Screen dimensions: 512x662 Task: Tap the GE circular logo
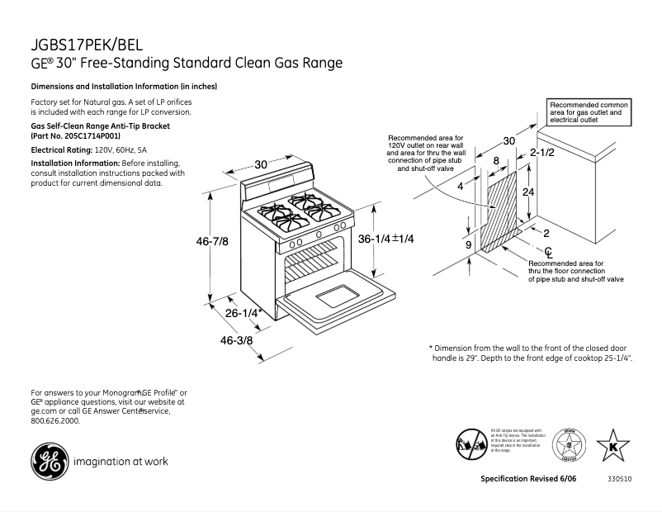tap(49, 462)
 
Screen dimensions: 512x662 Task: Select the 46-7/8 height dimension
tap(212, 240)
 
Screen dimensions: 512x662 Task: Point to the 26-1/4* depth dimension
tap(244, 313)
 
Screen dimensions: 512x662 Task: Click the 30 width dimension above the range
tap(261, 164)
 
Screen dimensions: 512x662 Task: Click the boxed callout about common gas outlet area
tap(589, 112)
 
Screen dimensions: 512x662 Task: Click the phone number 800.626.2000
tap(55, 420)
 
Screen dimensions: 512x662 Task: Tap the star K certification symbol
tap(612, 446)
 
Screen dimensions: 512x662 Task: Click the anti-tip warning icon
tap(470, 444)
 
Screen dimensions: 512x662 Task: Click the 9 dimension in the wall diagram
tap(468, 245)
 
